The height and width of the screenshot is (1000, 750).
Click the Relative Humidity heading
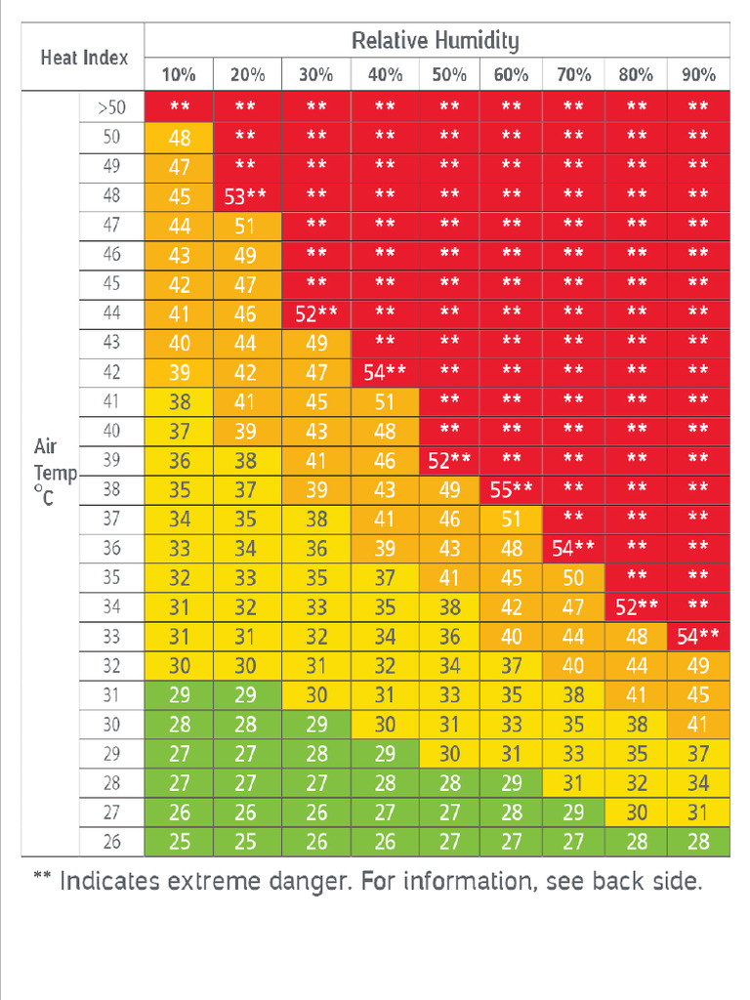click(435, 41)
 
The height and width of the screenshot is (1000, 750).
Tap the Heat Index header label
click(84, 58)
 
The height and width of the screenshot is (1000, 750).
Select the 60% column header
click(511, 75)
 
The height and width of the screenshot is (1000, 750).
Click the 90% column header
click(698, 75)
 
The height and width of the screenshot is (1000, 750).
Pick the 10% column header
click(179, 75)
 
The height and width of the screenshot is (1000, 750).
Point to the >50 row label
click(111, 107)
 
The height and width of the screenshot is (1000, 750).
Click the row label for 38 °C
click(111, 489)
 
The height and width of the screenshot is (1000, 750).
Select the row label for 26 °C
click(111, 841)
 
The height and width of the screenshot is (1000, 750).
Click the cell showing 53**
click(245, 196)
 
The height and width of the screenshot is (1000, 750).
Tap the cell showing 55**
click(511, 489)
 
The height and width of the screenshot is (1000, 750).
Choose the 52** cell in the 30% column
click(316, 313)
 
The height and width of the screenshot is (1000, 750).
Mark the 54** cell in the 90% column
click(698, 637)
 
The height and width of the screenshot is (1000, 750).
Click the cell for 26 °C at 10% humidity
click(179, 842)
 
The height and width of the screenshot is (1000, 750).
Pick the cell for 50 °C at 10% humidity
click(179, 138)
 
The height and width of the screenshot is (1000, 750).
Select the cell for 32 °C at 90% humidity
click(698, 666)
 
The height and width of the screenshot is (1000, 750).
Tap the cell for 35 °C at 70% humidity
click(573, 578)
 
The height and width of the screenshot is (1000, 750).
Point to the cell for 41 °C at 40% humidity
click(385, 401)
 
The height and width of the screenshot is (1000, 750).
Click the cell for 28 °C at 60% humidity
click(511, 783)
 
